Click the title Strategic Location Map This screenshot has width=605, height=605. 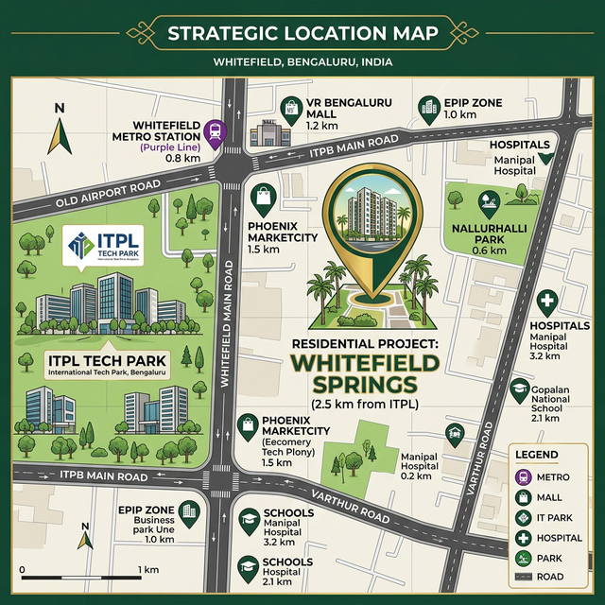tap(302, 34)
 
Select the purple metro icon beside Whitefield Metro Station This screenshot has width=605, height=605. tap(216, 132)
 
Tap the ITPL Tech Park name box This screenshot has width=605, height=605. tap(107, 364)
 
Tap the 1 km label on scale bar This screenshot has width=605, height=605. tap(148, 569)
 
